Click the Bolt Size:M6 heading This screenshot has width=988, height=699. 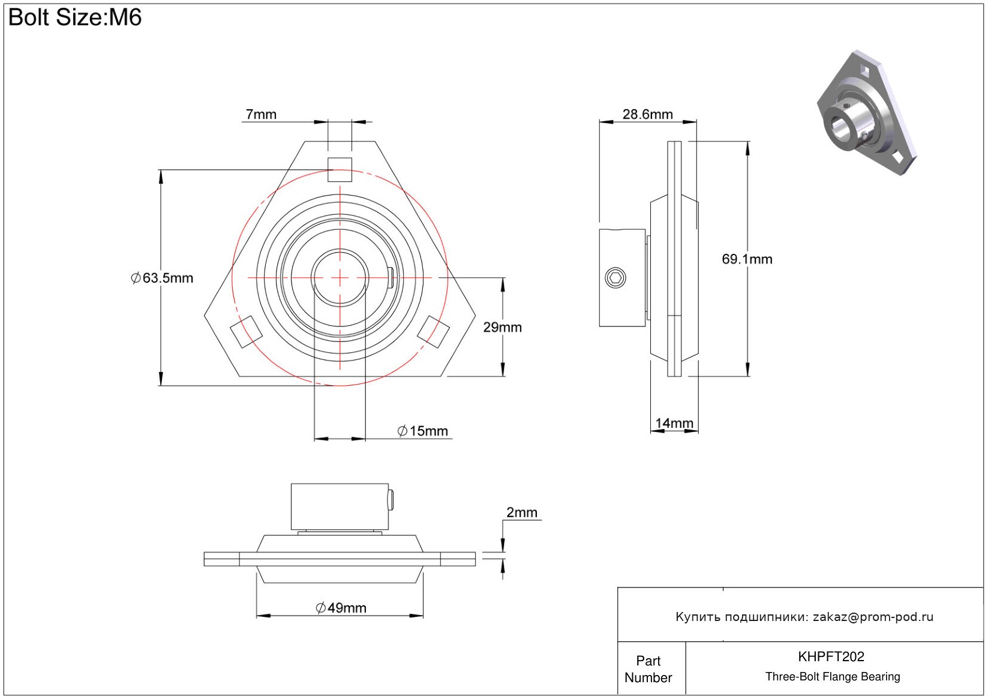click(x=75, y=17)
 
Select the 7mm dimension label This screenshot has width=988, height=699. click(x=261, y=114)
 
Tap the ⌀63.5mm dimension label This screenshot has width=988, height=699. click(x=163, y=278)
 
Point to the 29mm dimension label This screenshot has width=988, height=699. click(x=502, y=327)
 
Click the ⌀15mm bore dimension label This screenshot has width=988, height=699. click(x=423, y=431)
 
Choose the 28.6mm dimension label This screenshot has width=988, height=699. click(x=647, y=114)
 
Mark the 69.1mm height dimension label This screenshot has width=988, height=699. click(x=747, y=259)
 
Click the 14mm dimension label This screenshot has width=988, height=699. click(x=674, y=423)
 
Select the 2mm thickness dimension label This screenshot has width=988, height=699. click(x=521, y=512)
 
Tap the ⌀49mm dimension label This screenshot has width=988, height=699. click(x=341, y=608)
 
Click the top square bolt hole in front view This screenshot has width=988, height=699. click(x=340, y=169)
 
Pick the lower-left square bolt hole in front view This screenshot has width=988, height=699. click(x=247, y=331)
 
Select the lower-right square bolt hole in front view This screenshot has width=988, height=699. click(x=433, y=331)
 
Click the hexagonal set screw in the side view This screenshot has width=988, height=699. click(x=615, y=278)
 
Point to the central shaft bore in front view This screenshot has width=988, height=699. click(x=340, y=277)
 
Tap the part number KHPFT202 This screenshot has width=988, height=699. click(x=831, y=656)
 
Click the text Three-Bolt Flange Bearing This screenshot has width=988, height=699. click(x=833, y=677)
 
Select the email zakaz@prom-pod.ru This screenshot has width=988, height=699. click(x=873, y=617)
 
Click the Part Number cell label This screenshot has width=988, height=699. click(x=648, y=669)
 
